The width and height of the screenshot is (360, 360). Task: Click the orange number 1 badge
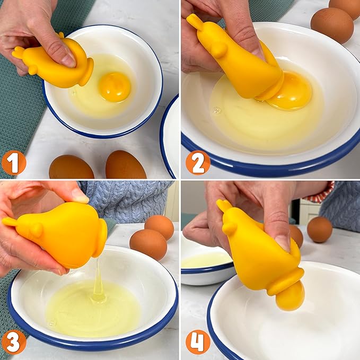pyautogui.click(x=13, y=162)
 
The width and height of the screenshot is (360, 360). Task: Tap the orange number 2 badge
pyautogui.click(x=197, y=162)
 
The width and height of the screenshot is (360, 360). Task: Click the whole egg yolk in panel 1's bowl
pyautogui.click(x=115, y=86)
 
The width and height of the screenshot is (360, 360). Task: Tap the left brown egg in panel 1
pyautogui.click(x=71, y=168)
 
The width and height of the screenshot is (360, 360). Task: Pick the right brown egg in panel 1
pyautogui.click(x=126, y=165)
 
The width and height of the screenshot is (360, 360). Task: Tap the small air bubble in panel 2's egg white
pyautogui.click(x=216, y=110)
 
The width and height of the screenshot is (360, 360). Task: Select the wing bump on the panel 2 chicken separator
pyautogui.click(x=218, y=49)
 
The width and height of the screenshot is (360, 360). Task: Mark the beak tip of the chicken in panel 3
pyautogui.click(x=7, y=221)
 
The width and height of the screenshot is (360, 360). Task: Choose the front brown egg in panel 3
pyautogui.click(x=148, y=244)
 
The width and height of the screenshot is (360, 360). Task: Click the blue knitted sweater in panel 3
pyautogui.click(x=130, y=199)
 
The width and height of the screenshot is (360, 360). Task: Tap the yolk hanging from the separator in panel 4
pyautogui.click(x=291, y=295)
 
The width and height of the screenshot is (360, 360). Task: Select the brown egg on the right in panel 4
pyautogui.click(x=320, y=229)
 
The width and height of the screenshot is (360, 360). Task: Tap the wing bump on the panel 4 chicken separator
pyautogui.click(x=229, y=228)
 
